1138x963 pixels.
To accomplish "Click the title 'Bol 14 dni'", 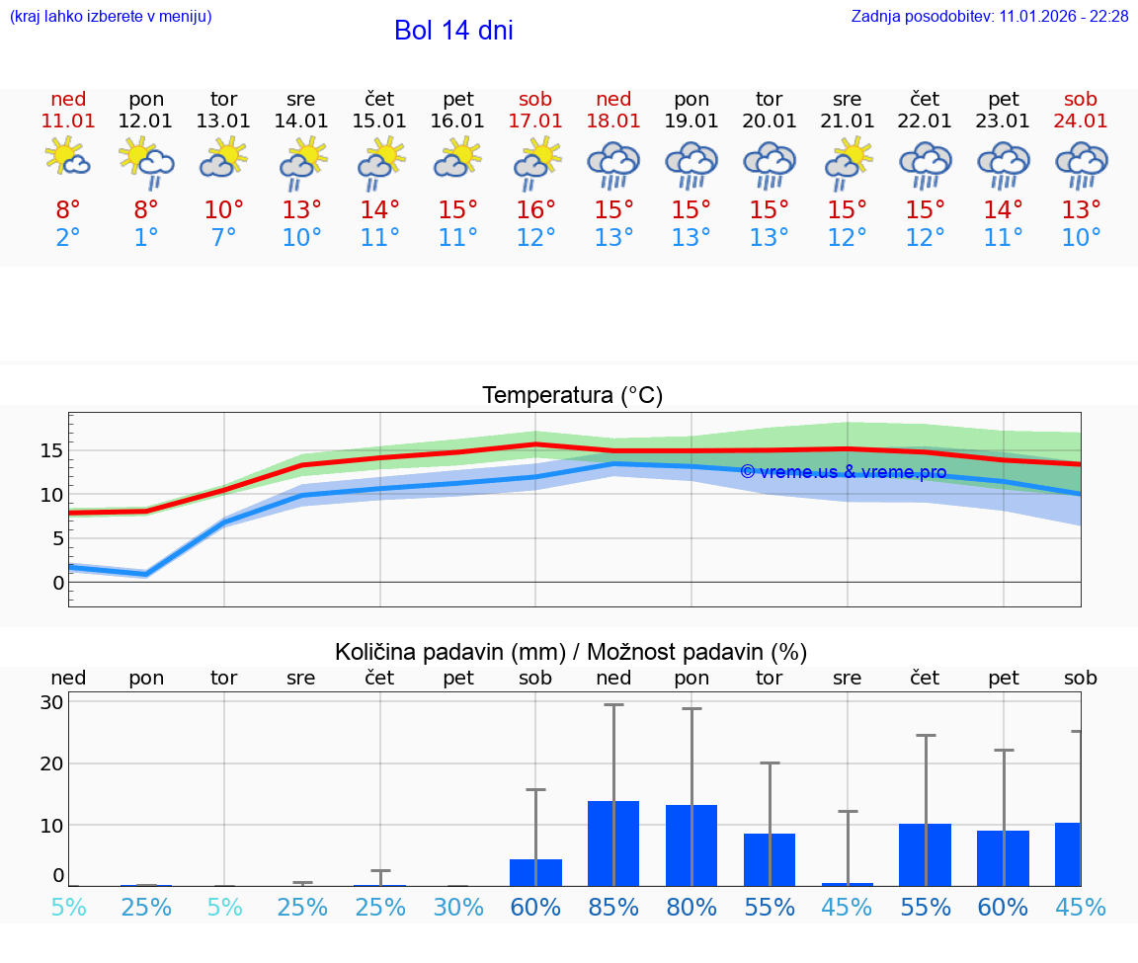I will [x=453, y=31].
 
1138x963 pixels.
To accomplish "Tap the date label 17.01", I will [x=535, y=121].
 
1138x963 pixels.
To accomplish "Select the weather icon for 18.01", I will [x=613, y=166].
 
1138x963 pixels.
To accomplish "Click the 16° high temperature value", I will [x=535, y=210].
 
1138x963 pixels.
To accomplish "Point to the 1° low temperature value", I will [x=146, y=238].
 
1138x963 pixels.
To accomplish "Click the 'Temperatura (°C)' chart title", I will [x=572, y=396].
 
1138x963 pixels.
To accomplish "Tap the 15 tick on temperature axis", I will [x=51, y=450].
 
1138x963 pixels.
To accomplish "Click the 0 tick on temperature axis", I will [x=58, y=583].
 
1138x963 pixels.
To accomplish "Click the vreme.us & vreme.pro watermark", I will [x=843, y=472].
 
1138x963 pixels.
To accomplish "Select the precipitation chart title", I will [x=571, y=652].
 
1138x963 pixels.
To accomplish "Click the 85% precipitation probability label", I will [x=613, y=907].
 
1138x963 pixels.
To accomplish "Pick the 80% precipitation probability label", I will [x=691, y=907].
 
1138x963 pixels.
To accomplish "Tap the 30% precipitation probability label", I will [x=458, y=907].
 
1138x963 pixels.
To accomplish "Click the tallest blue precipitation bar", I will [x=613, y=843].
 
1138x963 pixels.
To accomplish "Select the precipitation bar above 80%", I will [x=691, y=845].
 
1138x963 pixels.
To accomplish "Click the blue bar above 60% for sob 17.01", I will [x=535, y=872].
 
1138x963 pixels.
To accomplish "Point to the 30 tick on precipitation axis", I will [x=51, y=702].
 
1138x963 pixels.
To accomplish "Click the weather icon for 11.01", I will [x=68, y=158].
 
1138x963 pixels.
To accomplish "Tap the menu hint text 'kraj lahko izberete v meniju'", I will [x=110, y=17].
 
